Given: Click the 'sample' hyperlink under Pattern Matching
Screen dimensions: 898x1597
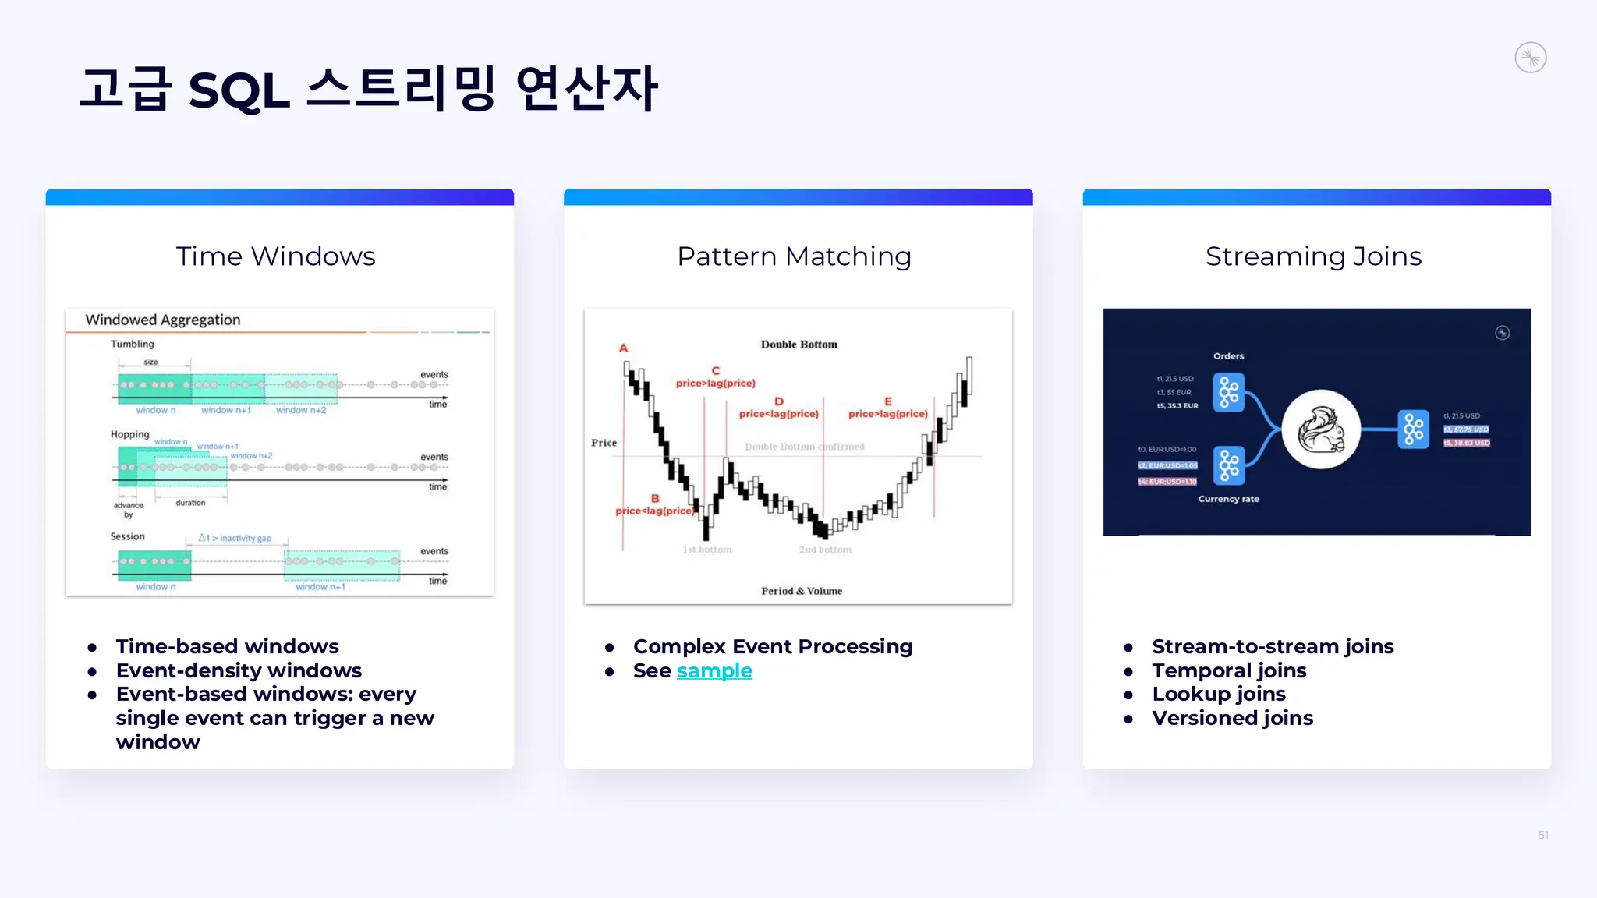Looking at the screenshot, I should pos(714,670).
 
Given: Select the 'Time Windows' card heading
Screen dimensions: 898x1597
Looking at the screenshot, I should pos(275,256).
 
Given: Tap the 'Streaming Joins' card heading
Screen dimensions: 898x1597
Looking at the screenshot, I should pos(1313,256).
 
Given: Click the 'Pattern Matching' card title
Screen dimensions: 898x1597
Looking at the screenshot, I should pos(794,256).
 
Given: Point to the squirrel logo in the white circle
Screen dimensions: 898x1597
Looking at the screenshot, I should pos(1321,430).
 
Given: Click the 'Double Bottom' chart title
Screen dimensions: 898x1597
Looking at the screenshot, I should pos(798,345).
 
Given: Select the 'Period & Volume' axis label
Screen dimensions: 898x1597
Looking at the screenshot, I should pos(801,591).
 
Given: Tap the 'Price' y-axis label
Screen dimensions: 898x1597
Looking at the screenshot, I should pos(604,443).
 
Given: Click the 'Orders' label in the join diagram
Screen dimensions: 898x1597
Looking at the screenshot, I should pos(1228,356).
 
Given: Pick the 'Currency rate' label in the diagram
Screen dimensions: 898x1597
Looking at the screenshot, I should pos(1228,499).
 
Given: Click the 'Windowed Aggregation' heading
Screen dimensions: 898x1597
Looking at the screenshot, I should pos(162,320).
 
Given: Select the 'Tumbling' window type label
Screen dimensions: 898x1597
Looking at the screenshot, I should pos(132,344).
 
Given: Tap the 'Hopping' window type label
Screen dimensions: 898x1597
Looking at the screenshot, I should pos(129,434).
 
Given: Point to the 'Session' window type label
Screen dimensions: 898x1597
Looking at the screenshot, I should pos(127,536).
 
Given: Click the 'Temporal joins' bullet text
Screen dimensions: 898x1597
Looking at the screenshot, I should pos(1229,670).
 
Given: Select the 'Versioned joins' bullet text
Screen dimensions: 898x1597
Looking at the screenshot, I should pos(1232,718).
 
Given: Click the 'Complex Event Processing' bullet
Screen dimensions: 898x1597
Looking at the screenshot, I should pos(772,646).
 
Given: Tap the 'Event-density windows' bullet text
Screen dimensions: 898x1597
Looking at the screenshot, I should pos(239,670).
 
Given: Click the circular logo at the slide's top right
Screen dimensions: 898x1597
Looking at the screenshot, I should pos(1530,58).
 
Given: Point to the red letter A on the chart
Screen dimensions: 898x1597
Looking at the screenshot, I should pos(623,348).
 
